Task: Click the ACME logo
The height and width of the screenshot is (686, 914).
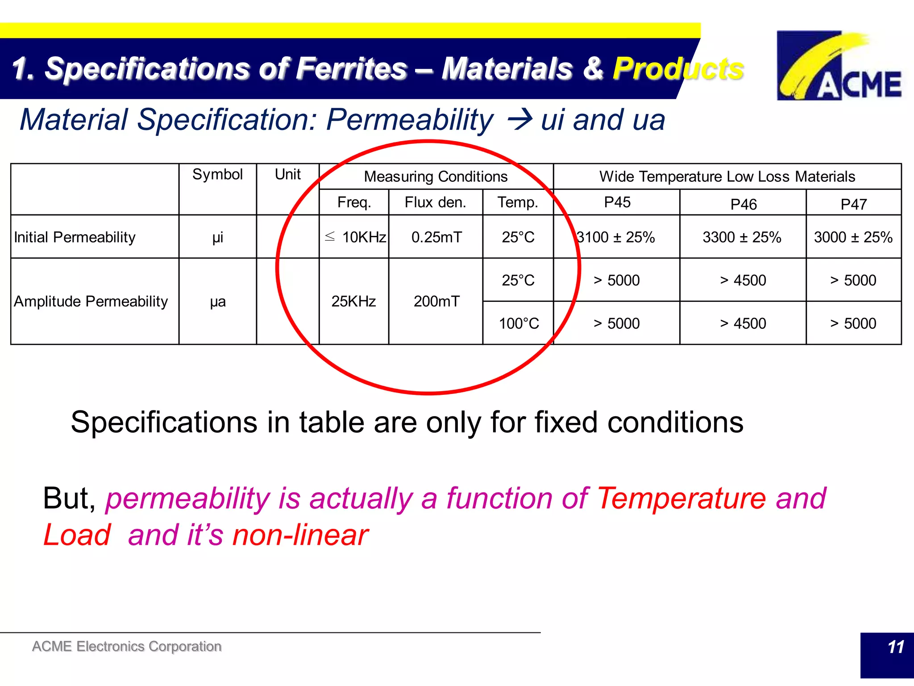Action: [839, 65]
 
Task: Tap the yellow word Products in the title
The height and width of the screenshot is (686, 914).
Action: [678, 69]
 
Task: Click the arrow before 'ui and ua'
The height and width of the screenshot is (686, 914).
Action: [520, 120]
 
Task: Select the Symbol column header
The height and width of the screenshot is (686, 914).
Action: [217, 174]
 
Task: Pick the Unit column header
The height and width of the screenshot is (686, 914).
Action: [287, 174]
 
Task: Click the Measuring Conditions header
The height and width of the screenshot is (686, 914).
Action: [436, 176]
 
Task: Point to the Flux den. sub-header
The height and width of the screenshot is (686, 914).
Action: [435, 202]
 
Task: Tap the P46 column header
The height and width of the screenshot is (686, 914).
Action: [743, 204]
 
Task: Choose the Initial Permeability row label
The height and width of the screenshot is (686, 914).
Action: [75, 237]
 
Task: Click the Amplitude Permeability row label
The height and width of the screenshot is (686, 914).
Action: [91, 301]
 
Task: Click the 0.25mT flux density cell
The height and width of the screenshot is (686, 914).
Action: [436, 237]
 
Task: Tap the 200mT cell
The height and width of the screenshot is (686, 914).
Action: [436, 301]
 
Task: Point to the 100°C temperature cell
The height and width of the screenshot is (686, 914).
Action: [519, 323]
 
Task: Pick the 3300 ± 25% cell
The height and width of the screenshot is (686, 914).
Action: [742, 237]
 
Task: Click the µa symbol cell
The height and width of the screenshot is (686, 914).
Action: [218, 302]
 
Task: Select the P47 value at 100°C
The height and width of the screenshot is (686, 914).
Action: [853, 323]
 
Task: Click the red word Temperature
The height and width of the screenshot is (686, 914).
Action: [681, 498]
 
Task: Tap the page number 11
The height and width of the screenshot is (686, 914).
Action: [895, 647]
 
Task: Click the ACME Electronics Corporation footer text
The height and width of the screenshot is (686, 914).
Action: [127, 646]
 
